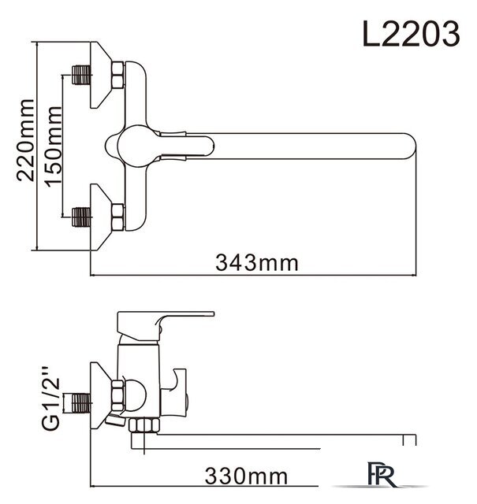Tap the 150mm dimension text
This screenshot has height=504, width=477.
54,143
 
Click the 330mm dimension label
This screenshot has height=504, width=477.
245,476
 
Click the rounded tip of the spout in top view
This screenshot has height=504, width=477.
406,147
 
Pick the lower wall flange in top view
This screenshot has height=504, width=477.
99,216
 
